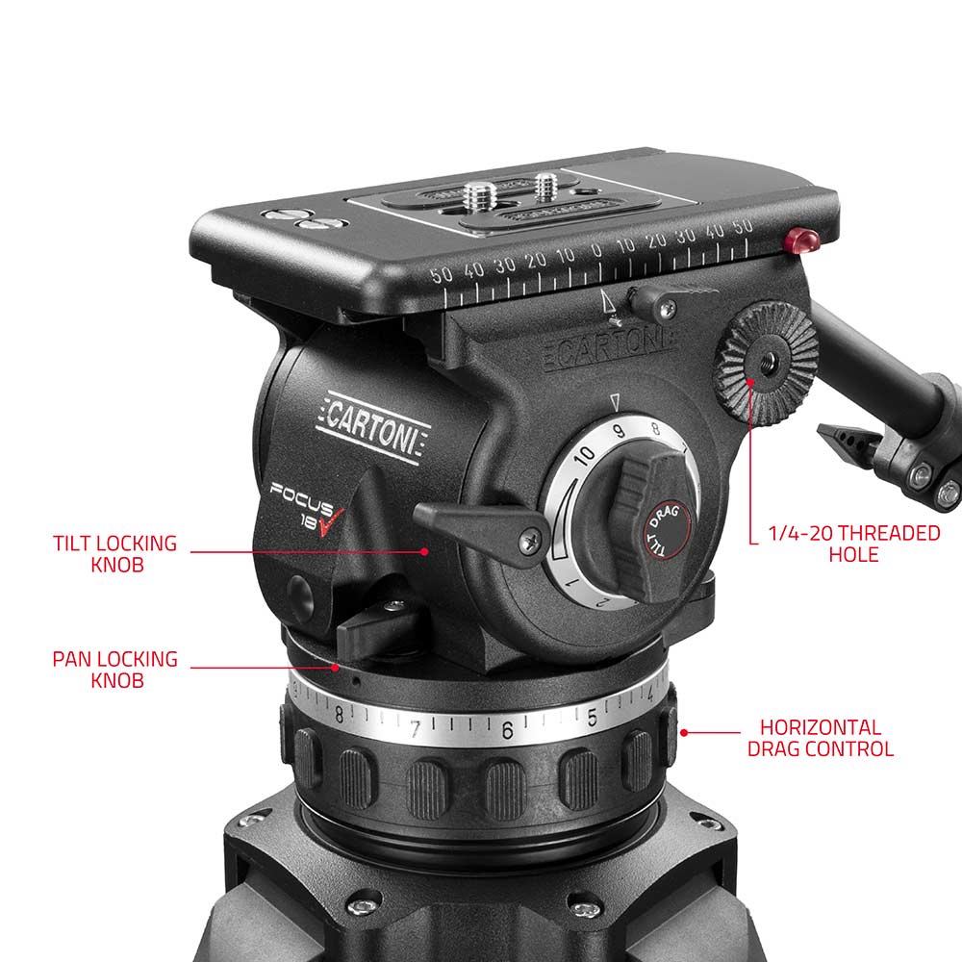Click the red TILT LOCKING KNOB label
(114, 553)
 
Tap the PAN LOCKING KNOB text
(114, 670)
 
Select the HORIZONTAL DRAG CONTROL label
(820, 738)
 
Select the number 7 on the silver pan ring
(416, 729)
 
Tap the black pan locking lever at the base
(375, 630)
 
